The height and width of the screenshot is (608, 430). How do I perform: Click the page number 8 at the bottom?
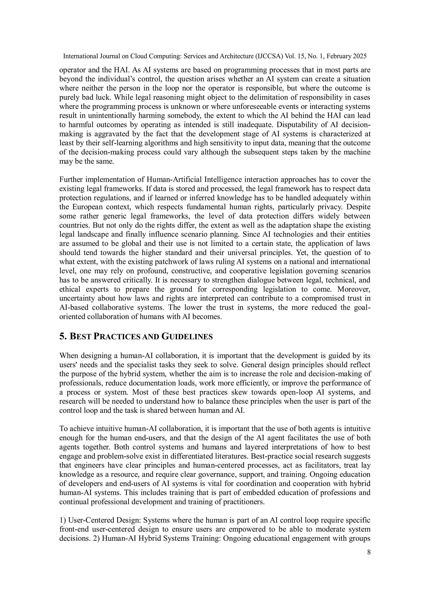click(368, 552)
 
